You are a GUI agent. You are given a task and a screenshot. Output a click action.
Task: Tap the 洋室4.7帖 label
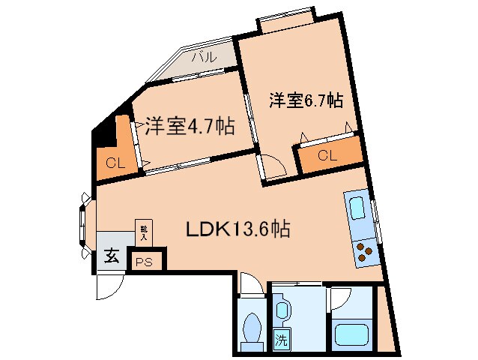pyautogui.click(x=189, y=126)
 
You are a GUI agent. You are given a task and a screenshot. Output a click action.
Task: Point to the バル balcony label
pyautogui.click(x=203, y=56)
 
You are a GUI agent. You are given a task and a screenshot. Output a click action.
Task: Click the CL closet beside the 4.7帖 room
pyautogui.click(x=115, y=160)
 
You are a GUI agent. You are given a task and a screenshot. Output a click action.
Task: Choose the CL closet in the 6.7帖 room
pyautogui.click(x=327, y=155)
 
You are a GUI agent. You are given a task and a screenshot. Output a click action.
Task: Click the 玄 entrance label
pyautogui.click(x=111, y=256)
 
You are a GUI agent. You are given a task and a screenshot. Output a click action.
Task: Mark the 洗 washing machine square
pyautogui.click(x=281, y=339)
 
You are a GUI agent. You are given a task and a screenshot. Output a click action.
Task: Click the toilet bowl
pyautogui.click(x=252, y=328)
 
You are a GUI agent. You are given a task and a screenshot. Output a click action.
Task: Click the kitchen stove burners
pyautogui.click(x=365, y=251)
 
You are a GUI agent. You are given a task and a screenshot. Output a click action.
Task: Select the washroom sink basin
pyautogui.click(x=282, y=308)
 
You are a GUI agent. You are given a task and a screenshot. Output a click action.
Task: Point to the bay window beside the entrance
pyautogui.click(x=84, y=221)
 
